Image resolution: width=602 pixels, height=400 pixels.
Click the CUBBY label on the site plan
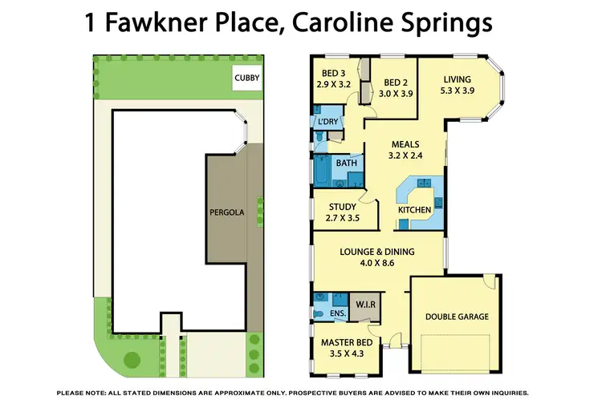[247, 78]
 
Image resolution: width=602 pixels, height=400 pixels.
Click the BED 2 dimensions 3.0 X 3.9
[396, 94]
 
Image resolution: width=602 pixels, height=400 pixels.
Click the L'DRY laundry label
[328, 122]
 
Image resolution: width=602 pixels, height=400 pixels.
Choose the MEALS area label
[405, 145]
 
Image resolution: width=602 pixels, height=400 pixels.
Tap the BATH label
[347, 164]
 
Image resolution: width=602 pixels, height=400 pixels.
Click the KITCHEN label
[415, 210]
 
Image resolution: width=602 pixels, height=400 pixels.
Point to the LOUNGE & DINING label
[377, 252]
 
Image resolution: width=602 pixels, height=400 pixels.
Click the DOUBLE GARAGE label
[457, 317]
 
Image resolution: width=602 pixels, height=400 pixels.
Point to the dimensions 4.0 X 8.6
[377, 263]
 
